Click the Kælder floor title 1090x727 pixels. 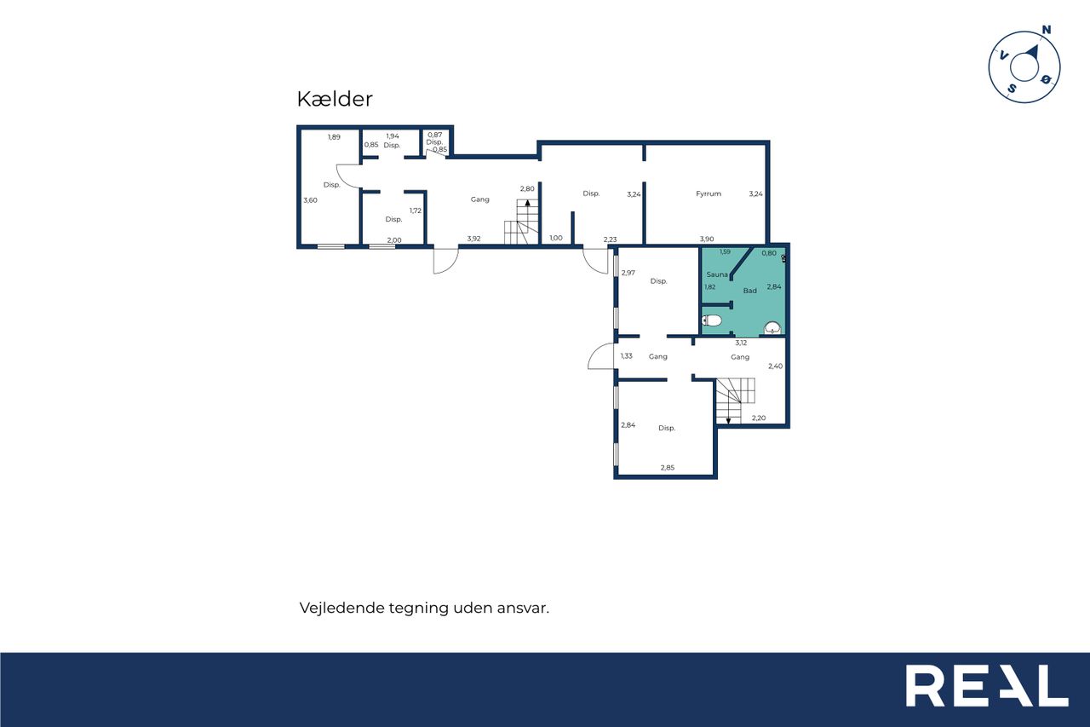[x=335, y=99]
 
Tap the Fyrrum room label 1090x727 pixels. [x=708, y=193]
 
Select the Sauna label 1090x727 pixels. [x=717, y=274]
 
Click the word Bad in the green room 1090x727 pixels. [x=749, y=291]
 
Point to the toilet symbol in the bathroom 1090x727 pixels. [x=712, y=320]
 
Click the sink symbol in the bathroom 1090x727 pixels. [x=772, y=328]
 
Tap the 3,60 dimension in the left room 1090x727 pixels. [x=310, y=200]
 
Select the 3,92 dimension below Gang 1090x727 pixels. [x=473, y=239]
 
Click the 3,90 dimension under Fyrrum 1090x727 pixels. [x=707, y=239]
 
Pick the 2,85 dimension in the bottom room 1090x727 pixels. [x=667, y=467]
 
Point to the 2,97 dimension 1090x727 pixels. [x=628, y=273]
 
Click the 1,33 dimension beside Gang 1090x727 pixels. [x=626, y=356]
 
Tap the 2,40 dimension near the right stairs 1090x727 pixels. [x=775, y=366]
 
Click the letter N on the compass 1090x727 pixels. [x=1046, y=30]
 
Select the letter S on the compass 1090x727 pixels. [x=1012, y=89]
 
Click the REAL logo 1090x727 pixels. [x=987, y=685]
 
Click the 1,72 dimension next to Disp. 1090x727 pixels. [x=415, y=211]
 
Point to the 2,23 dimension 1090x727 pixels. [x=610, y=239]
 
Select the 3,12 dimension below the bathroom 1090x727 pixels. [x=741, y=343]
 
